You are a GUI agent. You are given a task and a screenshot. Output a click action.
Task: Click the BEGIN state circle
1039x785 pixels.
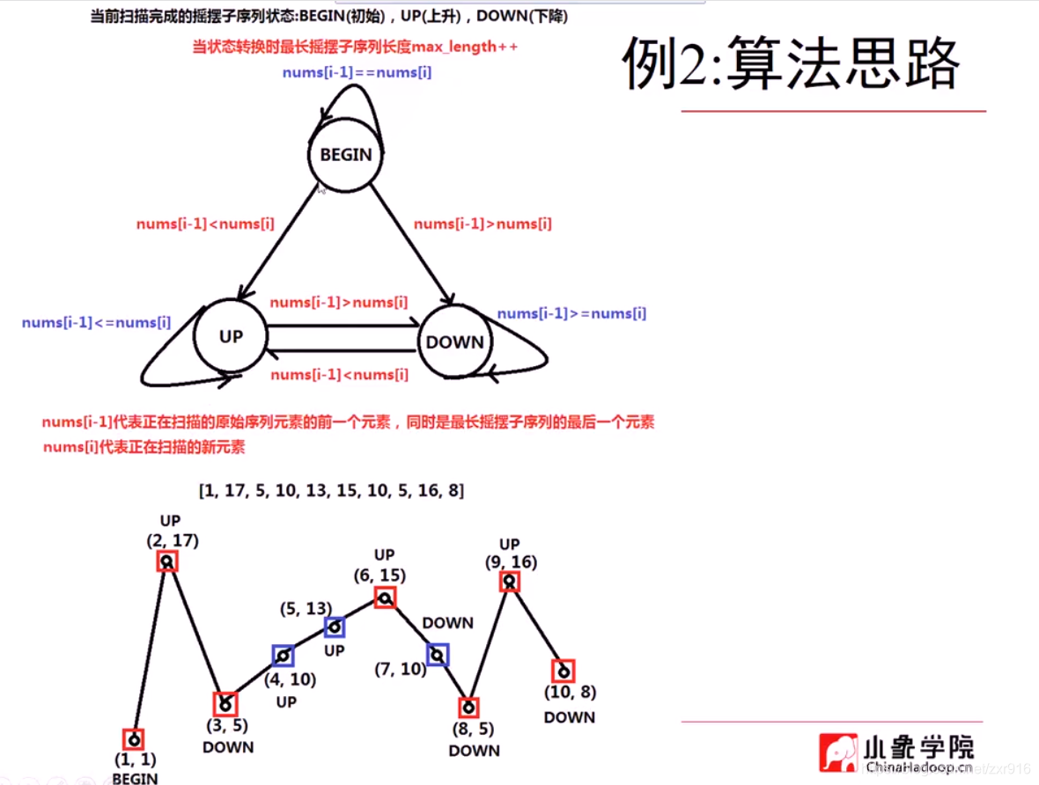pyautogui.click(x=346, y=155)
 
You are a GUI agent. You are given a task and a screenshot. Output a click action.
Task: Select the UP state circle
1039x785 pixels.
pyautogui.click(x=231, y=337)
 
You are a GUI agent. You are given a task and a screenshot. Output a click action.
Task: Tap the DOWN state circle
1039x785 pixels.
pyautogui.click(x=454, y=342)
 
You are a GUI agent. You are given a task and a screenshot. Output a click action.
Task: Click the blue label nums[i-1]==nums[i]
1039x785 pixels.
pyautogui.click(x=357, y=72)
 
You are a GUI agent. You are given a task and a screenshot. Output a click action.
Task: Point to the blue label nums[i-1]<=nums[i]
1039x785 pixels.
pyautogui.click(x=97, y=323)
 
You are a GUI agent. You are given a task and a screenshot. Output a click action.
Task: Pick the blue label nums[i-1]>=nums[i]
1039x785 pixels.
pyautogui.click(x=571, y=314)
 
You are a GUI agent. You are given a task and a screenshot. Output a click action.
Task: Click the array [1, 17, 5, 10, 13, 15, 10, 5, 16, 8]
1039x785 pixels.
pyautogui.click(x=332, y=490)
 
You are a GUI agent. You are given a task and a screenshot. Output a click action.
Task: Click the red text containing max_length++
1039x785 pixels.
pyautogui.click(x=355, y=48)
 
